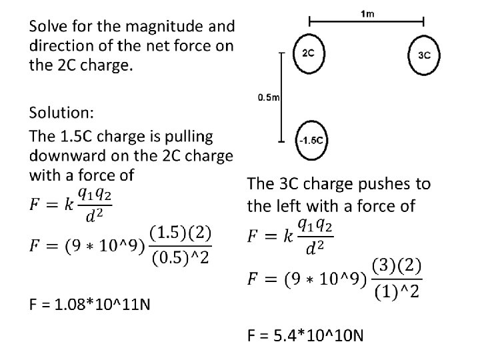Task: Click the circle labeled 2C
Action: [309, 53]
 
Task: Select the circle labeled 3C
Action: [424, 55]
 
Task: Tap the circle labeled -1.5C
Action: [311, 141]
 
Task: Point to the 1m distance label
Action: [366, 13]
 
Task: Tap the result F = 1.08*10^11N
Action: [90, 305]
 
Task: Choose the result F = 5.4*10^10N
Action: [305, 334]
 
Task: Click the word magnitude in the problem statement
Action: [161, 26]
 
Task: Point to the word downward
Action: [72, 156]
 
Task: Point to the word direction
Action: [61, 46]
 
